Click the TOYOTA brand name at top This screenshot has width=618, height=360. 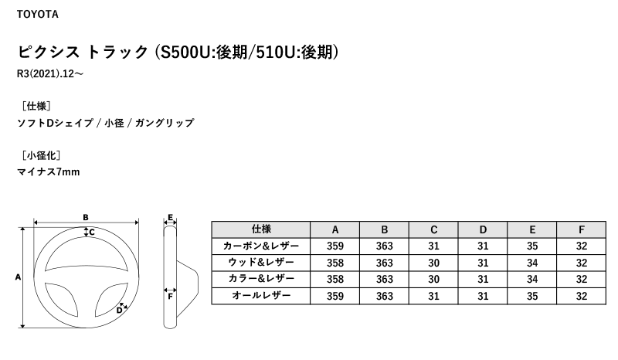pos(37,14)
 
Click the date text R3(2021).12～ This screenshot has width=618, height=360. pos(50,73)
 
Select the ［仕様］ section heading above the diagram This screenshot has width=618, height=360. pos(36,106)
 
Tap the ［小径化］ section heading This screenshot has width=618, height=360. pos(41,155)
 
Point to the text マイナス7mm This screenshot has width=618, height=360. pos(49,172)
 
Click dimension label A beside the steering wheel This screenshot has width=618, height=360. pos(18,277)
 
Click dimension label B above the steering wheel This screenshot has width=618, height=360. pos(86,217)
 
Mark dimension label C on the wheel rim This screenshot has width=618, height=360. pos(92,233)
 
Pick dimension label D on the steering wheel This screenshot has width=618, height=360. pos(119,311)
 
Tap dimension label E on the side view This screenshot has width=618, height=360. pos(170,217)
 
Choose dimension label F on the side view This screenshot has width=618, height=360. pos(170,297)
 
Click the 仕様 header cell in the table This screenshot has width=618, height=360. pos(261,229)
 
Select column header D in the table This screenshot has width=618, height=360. pos(483,229)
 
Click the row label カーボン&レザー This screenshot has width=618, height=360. pos(261,246)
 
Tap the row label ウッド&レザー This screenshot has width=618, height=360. pos(261,263)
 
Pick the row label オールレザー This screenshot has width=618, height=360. pos(261,296)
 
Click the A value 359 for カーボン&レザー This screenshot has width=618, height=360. pos(335,246)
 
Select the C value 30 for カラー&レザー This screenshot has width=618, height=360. pos(433,279)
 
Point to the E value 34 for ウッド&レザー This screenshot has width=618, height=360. pos(532,263)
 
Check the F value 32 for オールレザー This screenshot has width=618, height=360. pos(582,296)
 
